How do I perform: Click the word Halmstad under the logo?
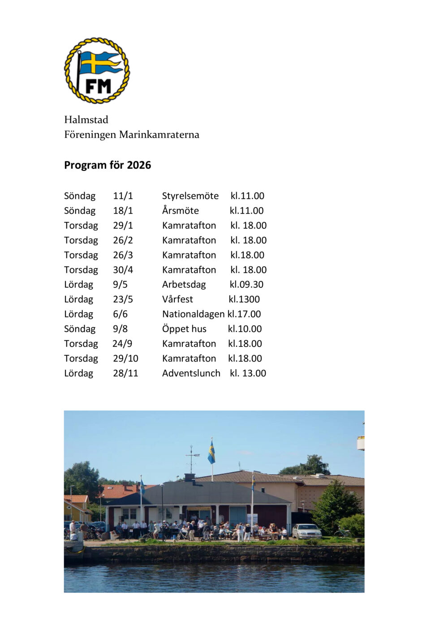86,120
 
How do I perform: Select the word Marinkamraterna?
159,134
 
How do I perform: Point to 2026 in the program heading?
139,165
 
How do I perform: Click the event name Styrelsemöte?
190,196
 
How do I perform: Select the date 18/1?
123,210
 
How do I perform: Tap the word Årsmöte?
180,210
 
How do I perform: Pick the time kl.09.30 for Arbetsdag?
246,284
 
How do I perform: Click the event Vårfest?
177,299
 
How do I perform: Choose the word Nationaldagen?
193,314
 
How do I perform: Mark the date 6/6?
120,314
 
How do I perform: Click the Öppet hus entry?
184,329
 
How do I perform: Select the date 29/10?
125,358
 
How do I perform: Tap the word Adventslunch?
191,373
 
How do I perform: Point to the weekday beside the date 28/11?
78,373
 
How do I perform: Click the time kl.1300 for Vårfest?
244,299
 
